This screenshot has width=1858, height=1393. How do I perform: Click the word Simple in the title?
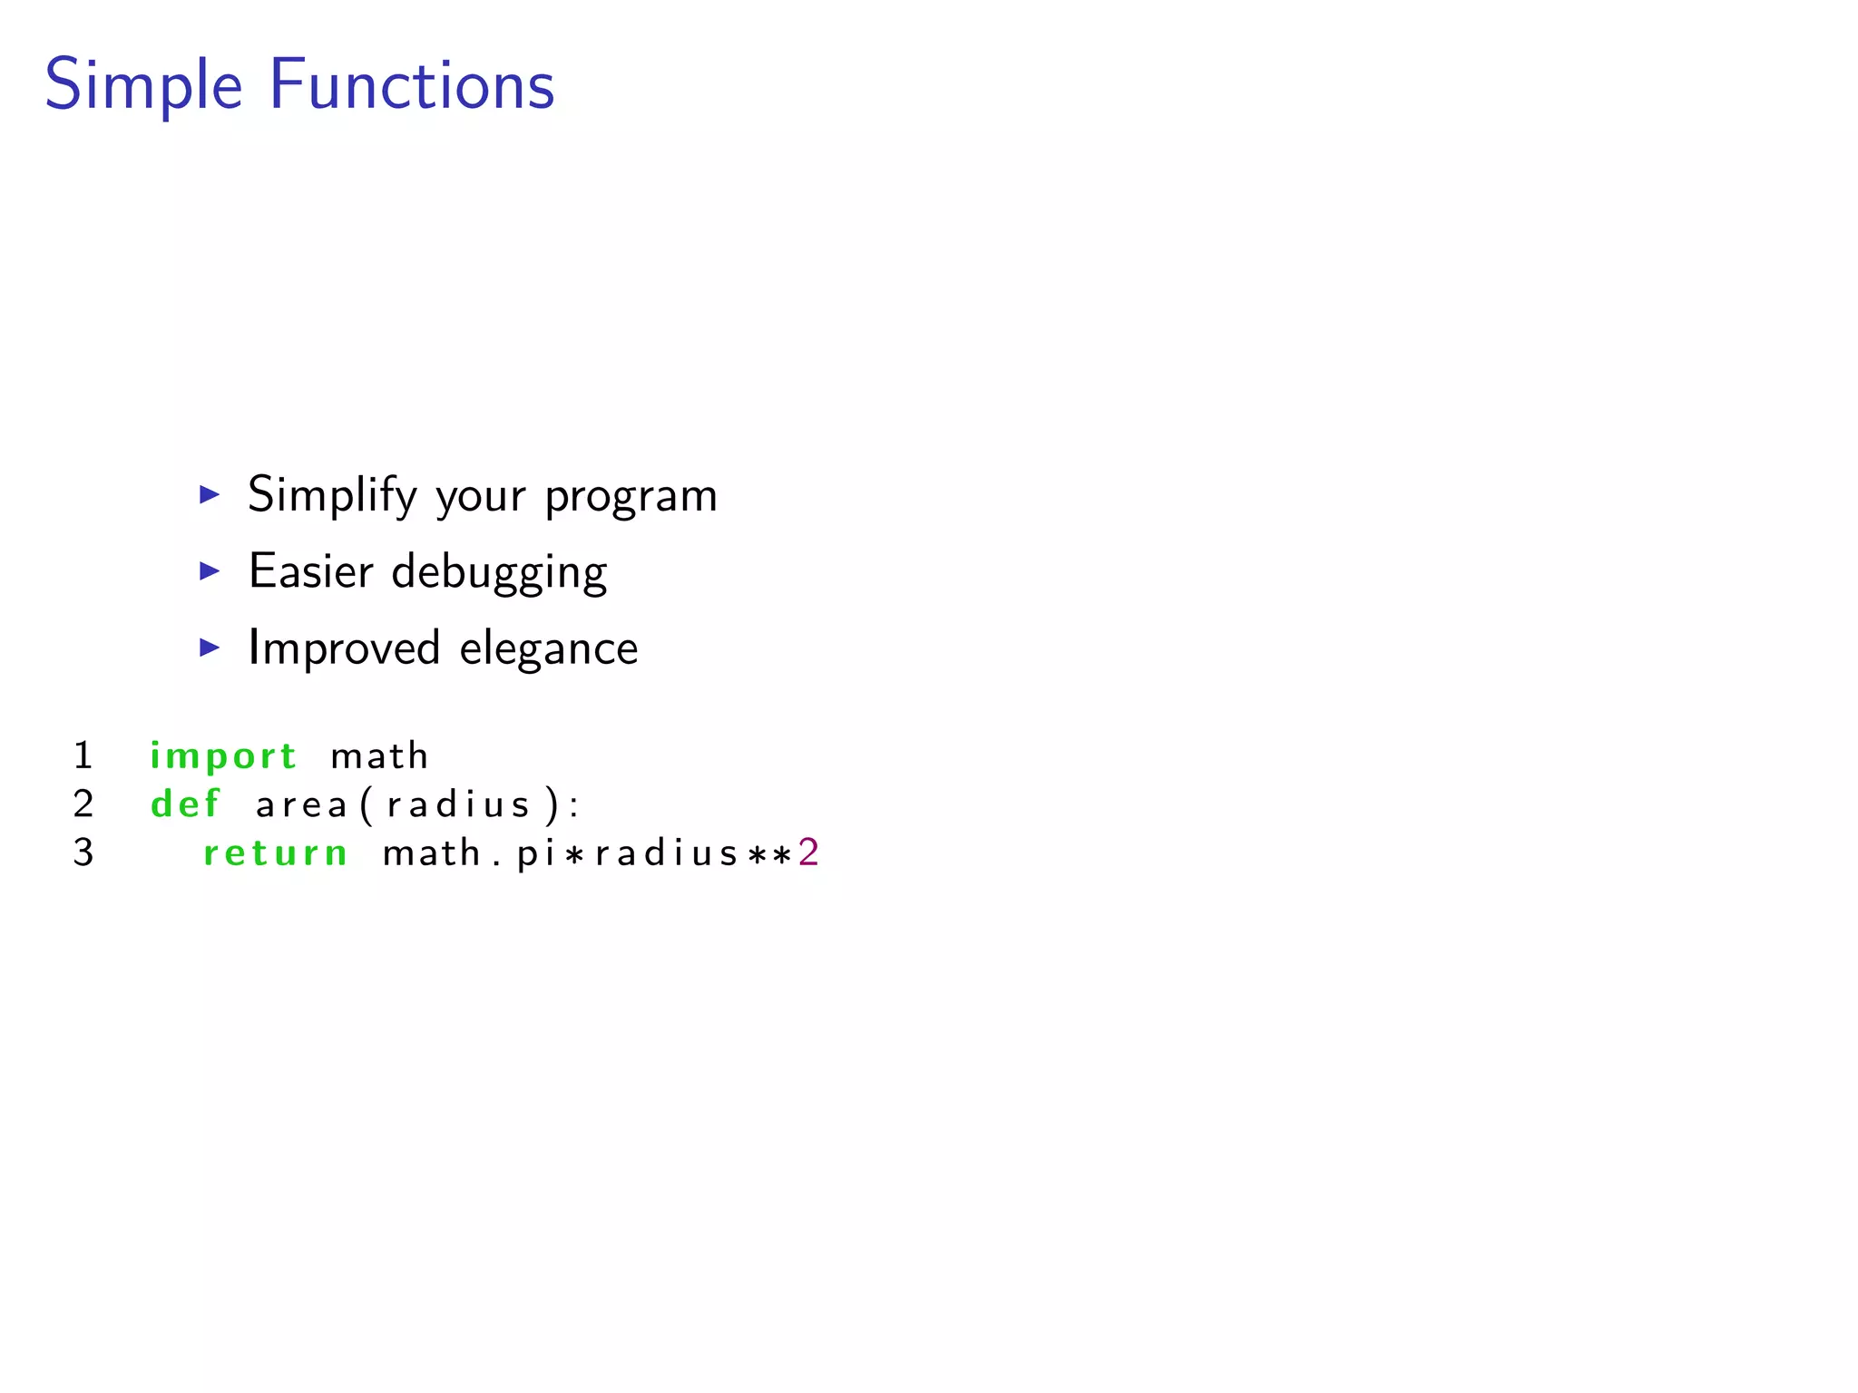(x=143, y=85)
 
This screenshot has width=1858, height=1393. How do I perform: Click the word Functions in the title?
(x=412, y=85)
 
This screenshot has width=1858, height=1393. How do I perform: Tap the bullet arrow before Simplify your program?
(x=210, y=494)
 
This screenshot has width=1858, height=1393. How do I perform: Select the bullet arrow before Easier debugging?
(x=210, y=570)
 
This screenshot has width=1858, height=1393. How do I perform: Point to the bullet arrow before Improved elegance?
(x=210, y=648)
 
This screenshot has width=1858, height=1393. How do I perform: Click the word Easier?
(x=310, y=571)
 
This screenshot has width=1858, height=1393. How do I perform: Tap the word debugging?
(x=499, y=573)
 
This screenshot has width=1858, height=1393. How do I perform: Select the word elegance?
(x=548, y=650)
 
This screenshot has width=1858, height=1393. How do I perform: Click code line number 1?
(x=83, y=755)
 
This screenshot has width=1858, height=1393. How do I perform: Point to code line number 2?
(x=83, y=804)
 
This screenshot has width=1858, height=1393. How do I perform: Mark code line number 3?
(x=83, y=852)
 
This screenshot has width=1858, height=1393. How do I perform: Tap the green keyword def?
(x=186, y=804)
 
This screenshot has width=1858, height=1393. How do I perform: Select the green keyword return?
(x=276, y=852)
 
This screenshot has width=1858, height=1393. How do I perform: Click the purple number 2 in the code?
(x=808, y=852)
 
